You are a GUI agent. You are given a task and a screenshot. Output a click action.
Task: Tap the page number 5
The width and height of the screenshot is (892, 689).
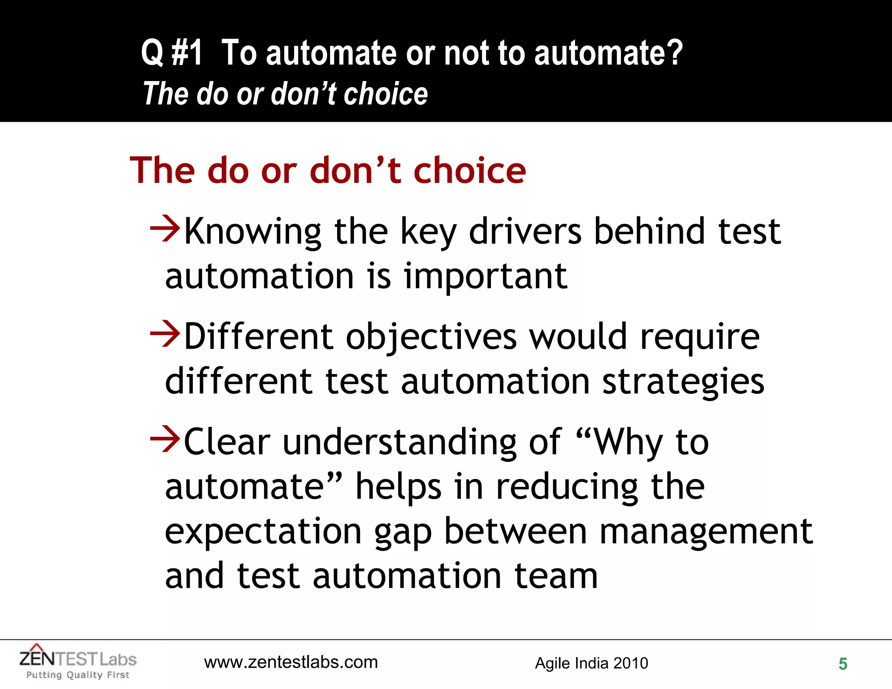[843, 664]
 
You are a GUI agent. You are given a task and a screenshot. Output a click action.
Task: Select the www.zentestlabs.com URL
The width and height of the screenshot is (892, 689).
[291, 662]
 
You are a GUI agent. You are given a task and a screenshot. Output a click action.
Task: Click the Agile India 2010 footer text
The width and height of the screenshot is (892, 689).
[591, 663]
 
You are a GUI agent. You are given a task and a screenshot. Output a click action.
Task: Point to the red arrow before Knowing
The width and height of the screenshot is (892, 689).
[165, 228]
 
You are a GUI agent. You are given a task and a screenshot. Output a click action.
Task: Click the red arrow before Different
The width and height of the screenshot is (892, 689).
[165, 334]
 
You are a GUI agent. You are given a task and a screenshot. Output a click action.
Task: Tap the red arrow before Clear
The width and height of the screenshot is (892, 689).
[165, 439]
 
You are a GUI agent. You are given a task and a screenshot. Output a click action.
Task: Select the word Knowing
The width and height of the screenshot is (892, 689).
[253, 232]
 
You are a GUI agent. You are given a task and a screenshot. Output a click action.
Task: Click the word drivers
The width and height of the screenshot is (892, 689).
[525, 231]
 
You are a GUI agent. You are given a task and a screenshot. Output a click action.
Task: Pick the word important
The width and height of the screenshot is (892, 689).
[486, 277]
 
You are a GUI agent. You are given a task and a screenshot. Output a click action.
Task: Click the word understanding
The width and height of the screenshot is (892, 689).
[400, 442]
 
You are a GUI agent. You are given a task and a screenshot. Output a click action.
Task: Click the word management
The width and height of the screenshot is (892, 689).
[706, 532]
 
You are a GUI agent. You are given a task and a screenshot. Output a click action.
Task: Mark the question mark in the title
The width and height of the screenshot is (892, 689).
[674, 53]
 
